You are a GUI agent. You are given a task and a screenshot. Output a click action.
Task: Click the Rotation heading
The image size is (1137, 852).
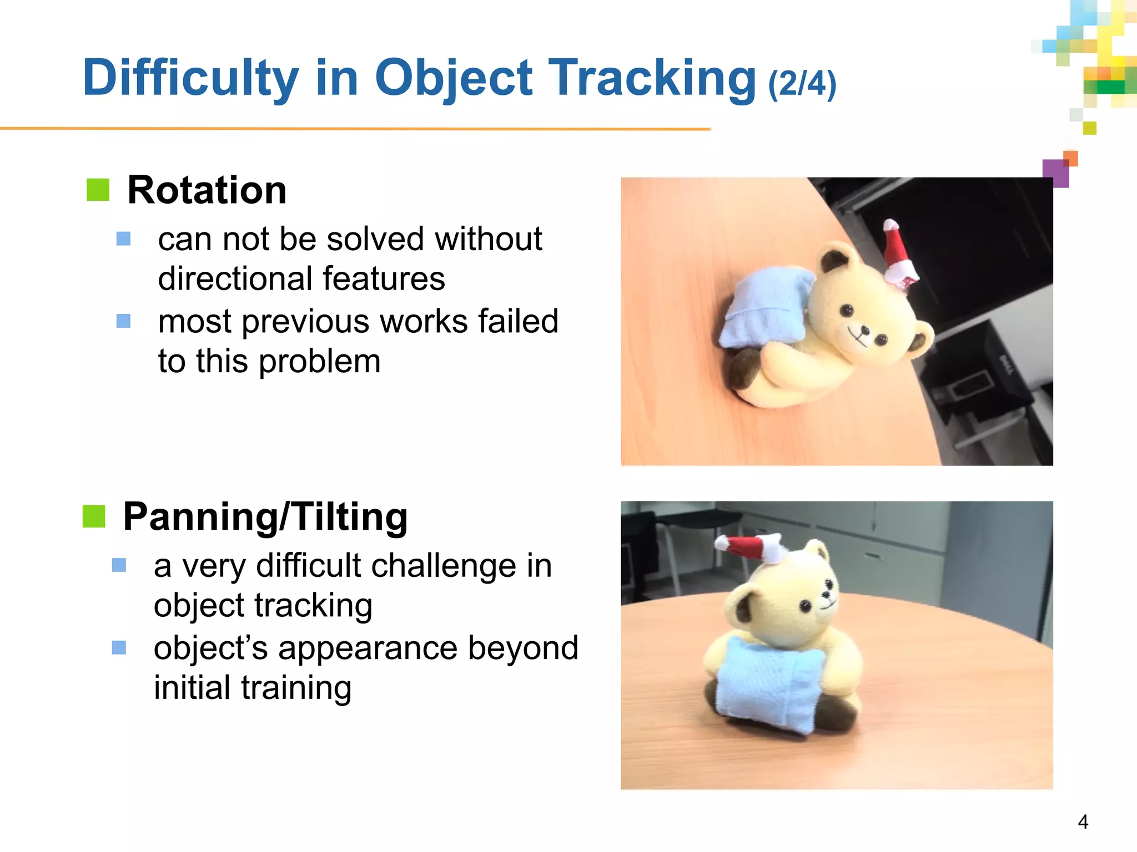tap(207, 190)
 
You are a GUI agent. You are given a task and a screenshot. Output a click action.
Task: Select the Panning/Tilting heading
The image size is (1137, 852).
tap(265, 517)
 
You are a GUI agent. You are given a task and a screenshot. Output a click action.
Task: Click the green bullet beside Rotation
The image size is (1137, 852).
tap(98, 190)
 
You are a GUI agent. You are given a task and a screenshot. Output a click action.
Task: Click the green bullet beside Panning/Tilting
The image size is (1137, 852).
tap(94, 516)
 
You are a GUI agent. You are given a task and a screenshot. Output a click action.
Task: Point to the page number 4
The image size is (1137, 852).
tap(1083, 821)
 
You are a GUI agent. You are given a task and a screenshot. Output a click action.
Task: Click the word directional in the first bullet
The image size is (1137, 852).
tap(238, 278)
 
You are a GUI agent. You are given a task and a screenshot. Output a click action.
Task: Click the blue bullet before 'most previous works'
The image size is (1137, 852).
tap(123, 321)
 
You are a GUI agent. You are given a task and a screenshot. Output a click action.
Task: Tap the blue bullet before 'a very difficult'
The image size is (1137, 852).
tap(119, 565)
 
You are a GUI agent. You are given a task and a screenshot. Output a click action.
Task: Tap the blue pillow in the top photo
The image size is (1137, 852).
tap(761, 308)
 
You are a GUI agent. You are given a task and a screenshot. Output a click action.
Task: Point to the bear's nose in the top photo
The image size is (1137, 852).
tap(864, 331)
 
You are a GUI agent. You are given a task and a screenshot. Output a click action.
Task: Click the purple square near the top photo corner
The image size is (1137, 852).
tap(1055, 173)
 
